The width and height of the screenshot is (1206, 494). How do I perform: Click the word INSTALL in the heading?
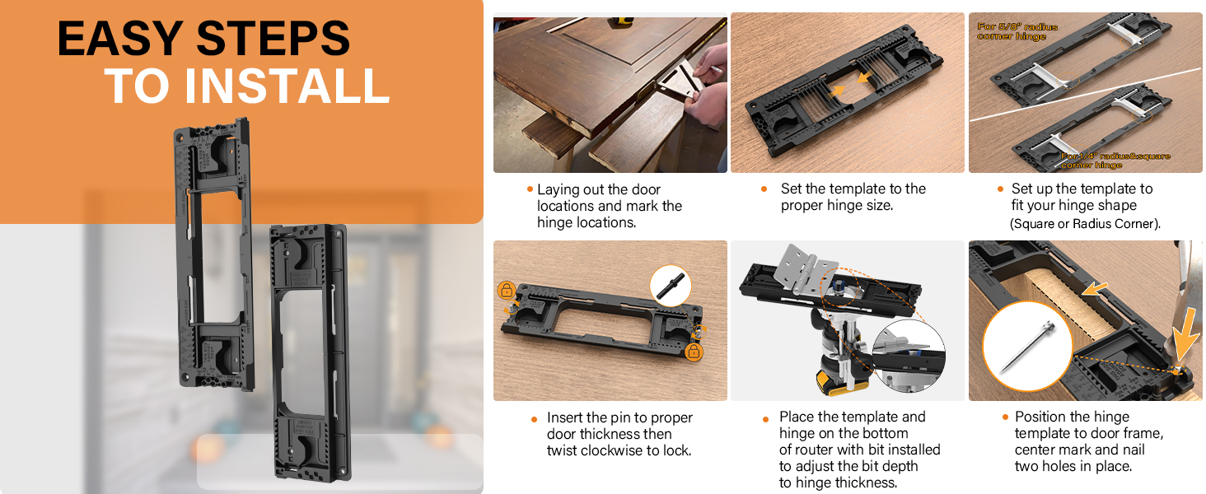[287, 86]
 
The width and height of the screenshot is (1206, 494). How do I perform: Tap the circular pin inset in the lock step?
[671, 285]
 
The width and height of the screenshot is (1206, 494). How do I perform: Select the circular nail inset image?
[1026, 346]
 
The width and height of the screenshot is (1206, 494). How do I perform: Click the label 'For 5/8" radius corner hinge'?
[1017, 31]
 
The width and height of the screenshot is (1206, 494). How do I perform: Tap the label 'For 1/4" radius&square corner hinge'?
[1115, 161]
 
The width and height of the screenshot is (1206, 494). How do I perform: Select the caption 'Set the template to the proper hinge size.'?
[853, 197]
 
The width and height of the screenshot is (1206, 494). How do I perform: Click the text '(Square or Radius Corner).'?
[1085, 224]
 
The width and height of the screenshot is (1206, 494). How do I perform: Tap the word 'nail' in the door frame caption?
[1132, 450]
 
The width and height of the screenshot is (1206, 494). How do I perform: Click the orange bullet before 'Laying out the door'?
[530, 189]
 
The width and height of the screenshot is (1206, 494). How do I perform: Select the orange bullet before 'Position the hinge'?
[1005, 417]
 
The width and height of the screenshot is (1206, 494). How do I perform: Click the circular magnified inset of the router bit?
[909, 355]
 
